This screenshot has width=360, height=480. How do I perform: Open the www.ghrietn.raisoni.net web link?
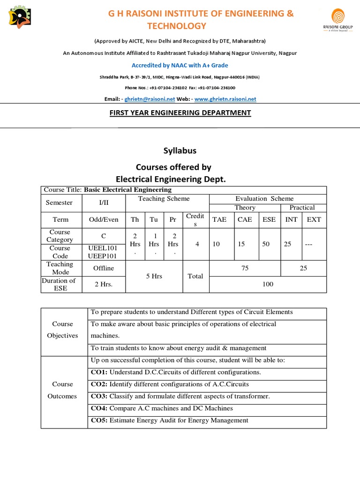[225, 99]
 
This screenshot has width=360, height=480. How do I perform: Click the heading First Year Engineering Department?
[180, 112]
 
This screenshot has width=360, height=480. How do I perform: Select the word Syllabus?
[180, 150]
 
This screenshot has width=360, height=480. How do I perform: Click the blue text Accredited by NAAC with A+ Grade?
[180, 65]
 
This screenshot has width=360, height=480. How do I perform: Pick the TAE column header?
[219, 219]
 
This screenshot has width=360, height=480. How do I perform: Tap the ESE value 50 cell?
[266, 244]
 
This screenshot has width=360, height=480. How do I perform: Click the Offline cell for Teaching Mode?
[104, 268]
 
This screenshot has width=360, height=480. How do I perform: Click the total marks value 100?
[268, 284]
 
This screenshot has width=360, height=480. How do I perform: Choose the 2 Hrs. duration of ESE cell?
[104, 284]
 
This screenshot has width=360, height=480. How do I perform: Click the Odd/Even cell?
[104, 219]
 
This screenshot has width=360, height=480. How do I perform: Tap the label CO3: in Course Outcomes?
[99, 396]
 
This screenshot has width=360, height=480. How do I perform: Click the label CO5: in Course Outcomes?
[99, 420]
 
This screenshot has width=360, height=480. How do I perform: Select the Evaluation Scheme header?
[264, 199]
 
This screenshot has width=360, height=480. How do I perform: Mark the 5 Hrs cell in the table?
[154, 276]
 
